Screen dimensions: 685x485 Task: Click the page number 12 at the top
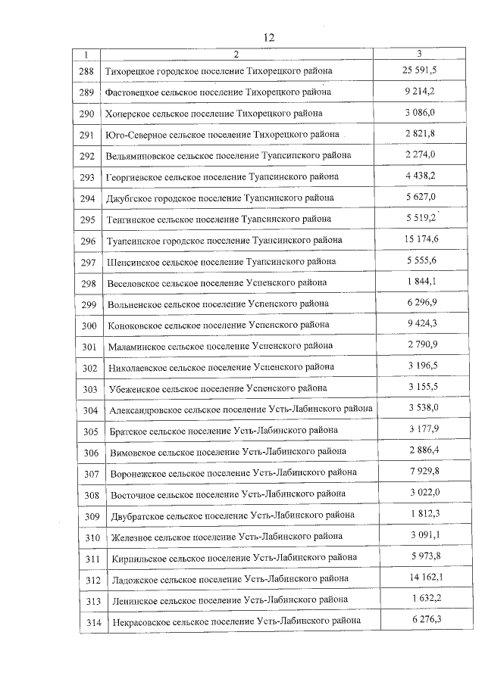point(268,37)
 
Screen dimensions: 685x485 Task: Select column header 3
point(420,54)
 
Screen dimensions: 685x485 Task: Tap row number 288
point(87,71)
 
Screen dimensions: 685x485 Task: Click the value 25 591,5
point(420,70)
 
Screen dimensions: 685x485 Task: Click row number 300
point(89,325)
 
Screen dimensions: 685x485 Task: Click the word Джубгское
point(130,198)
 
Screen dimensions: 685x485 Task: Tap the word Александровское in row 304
point(145,409)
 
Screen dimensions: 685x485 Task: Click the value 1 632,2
point(420,599)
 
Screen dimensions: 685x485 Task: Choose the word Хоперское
point(130,114)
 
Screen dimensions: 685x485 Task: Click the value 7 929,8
point(421,472)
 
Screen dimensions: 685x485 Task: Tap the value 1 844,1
point(420,282)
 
